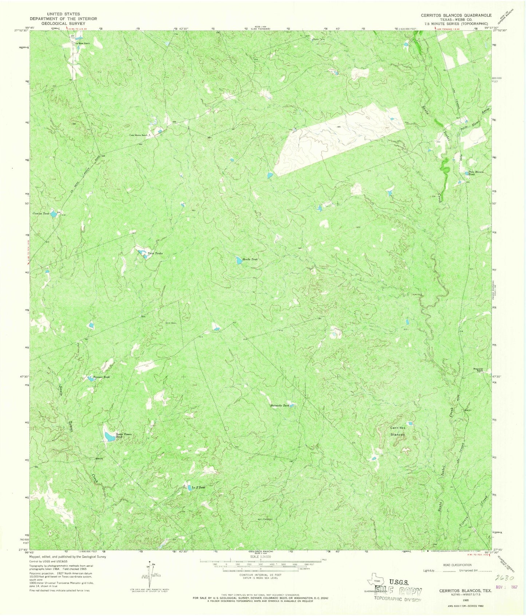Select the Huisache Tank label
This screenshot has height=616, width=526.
280,406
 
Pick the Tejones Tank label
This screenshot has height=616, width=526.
102,377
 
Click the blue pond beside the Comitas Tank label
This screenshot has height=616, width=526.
54,214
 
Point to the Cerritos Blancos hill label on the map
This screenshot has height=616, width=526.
398,431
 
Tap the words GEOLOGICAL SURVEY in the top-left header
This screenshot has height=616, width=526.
58,23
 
